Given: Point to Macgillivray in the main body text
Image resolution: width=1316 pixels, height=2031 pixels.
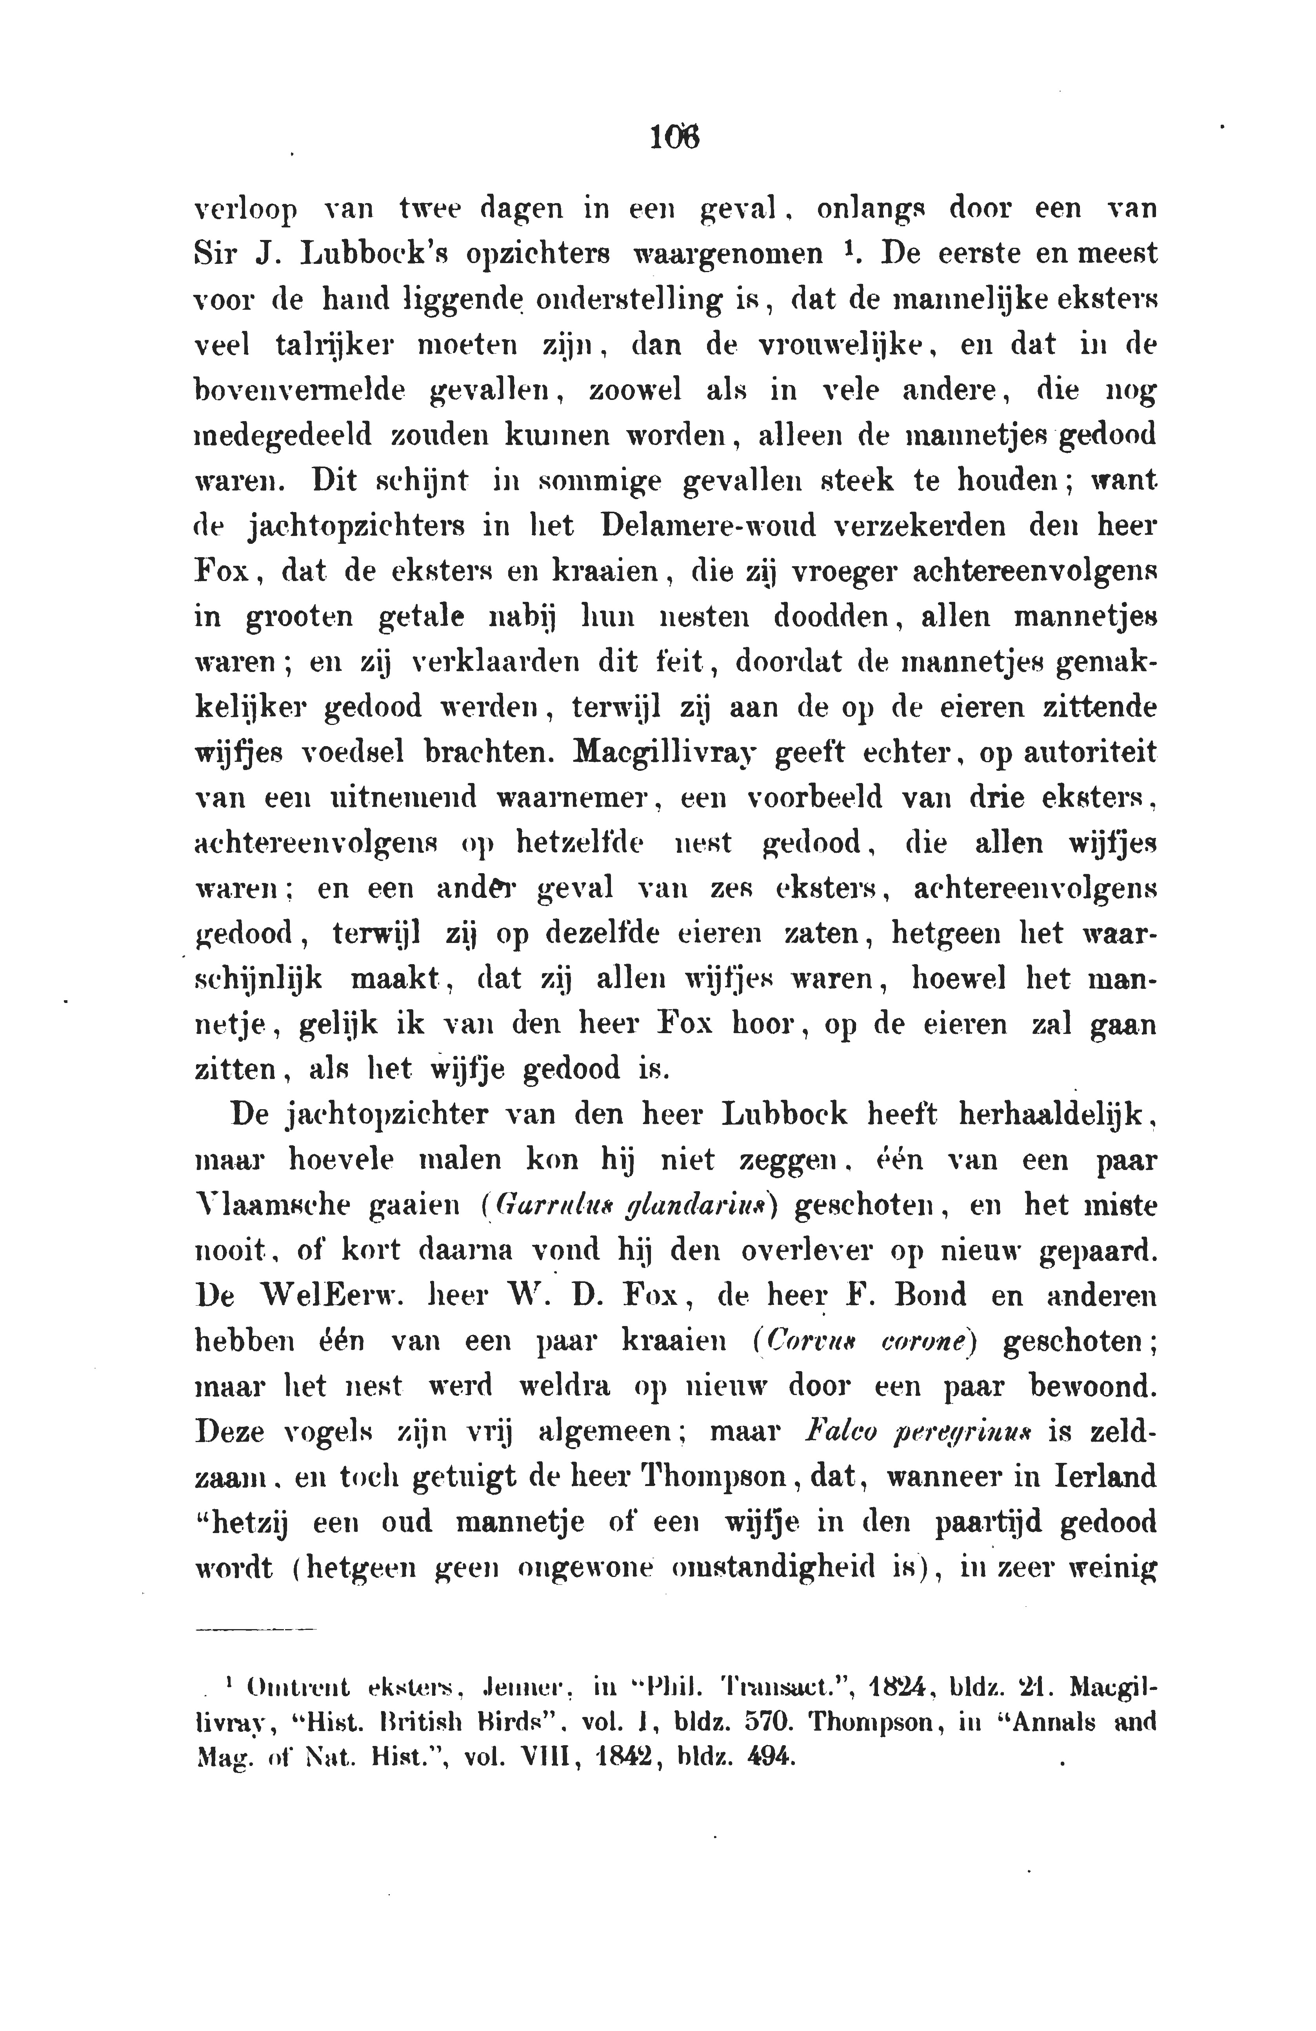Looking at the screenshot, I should click(x=665, y=753).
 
